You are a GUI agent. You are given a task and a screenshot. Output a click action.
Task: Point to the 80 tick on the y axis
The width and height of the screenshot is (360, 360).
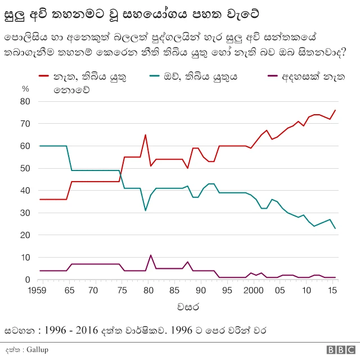[x=25, y=101]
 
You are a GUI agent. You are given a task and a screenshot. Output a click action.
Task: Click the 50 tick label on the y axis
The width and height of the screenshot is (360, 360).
[x=25, y=168]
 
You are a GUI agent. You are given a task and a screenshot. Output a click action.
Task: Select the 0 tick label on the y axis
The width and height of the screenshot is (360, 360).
[x=27, y=280]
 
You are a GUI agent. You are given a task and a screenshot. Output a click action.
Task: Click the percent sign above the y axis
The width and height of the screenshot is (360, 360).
[x=25, y=89]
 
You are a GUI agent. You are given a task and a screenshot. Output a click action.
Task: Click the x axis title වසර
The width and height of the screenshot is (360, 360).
[x=186, y=308]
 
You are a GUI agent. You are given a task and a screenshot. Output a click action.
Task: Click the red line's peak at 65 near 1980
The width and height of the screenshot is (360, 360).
[x=146, y=135]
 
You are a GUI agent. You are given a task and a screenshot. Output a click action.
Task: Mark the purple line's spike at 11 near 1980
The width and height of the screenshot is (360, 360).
[x=151, y=255]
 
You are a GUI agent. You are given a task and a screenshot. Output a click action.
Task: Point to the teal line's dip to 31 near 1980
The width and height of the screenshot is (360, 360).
[x=146, y=210]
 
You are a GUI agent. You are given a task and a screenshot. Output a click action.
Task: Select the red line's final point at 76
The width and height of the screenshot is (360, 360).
[x=335, y=110]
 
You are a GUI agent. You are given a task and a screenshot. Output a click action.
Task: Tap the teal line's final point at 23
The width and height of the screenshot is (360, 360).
[x=335, y=228]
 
